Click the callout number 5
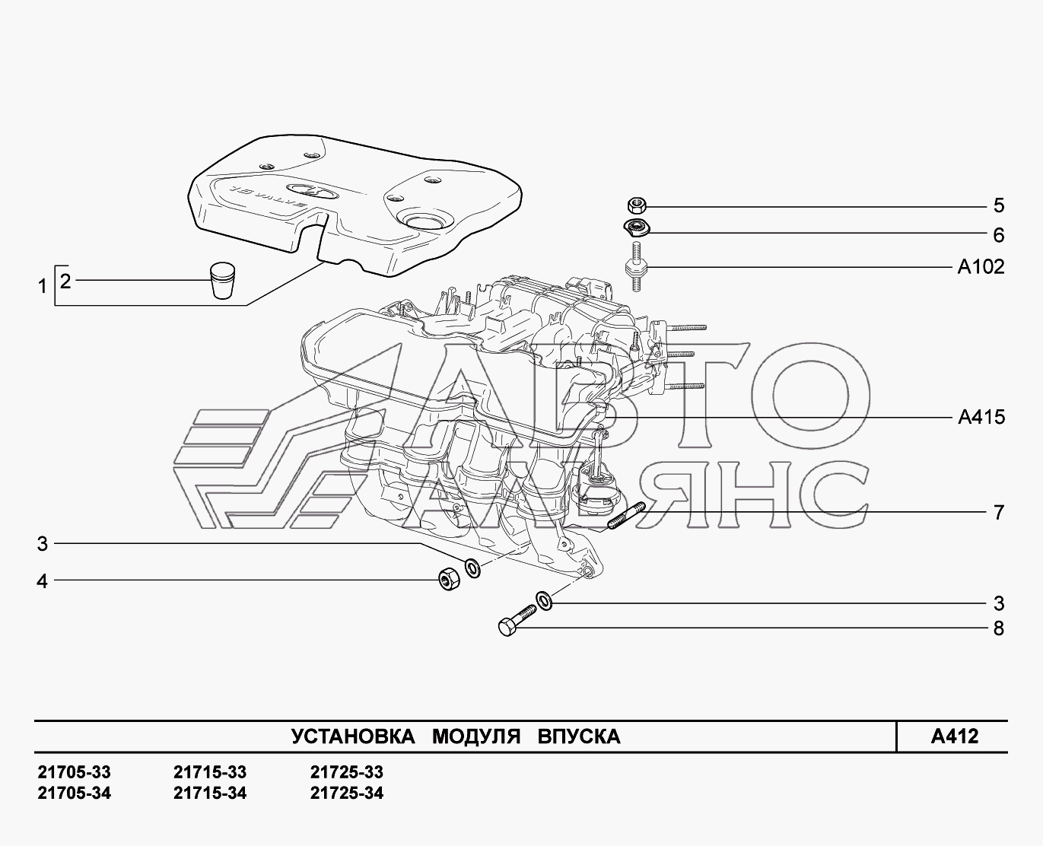tap(998, 205)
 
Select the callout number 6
tap(998, 235)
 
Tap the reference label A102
tap(981, 267)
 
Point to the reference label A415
tap(981, 417)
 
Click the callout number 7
tap(999, 512)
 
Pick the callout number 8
tap(998, 628)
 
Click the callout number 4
tap(43, 581)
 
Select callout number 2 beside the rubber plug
tap(65, 281)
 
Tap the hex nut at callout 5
tap(638, 205)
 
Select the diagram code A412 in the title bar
tap(954, 736)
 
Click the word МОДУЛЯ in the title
tap(476, 736)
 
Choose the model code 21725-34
tap(347, 794)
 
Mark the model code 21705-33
tap(74, 772)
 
